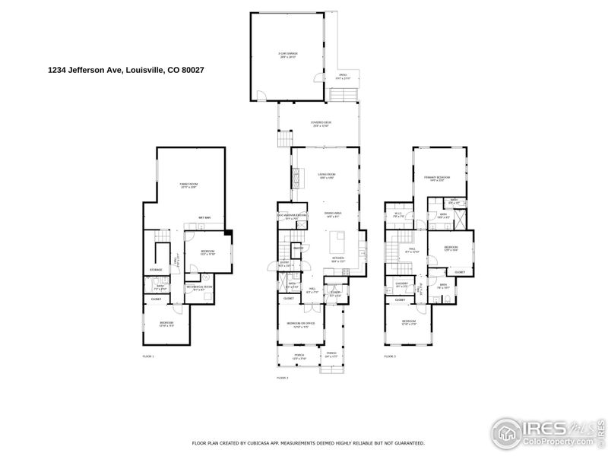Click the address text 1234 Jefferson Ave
point(84,70)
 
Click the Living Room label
point(326,176)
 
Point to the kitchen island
point(337,243)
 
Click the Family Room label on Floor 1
point(188,185)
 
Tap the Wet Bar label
point(204,217)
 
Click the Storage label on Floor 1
point(156,270)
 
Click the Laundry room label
point(401,286)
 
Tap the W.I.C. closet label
point(397,215)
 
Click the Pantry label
point(298,248)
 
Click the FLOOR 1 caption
point(148,356)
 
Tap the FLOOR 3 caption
point(390,356)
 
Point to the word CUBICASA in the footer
point(268,442)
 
